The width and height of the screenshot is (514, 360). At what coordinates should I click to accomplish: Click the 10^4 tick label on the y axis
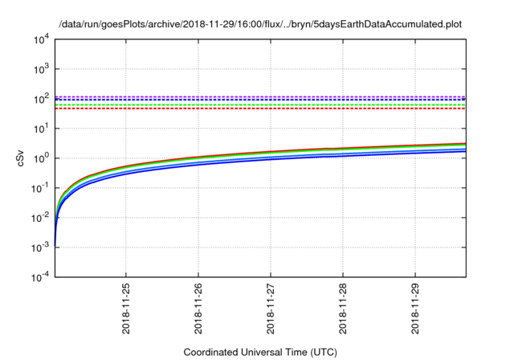(41, 39)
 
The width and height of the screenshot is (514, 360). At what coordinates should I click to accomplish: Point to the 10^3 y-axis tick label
(41, 69)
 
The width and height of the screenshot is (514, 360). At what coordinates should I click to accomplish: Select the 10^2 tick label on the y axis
(41, 99)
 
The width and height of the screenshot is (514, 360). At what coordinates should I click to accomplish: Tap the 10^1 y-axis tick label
(41, 129)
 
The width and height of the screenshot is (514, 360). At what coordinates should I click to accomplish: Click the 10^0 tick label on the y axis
(41, 158)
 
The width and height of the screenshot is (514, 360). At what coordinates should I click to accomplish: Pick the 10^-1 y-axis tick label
(39, 187)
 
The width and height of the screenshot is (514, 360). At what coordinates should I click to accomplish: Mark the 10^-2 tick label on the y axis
(39, 217)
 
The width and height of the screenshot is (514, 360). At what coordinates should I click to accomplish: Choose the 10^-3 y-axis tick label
(39, 247)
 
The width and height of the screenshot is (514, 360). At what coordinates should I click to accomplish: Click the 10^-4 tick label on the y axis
(39, 276)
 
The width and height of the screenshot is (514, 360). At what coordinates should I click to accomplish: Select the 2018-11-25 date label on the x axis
(126, 309)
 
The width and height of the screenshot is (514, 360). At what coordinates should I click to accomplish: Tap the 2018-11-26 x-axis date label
(198, 309)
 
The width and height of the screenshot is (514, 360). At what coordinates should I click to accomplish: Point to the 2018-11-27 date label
(271, 309)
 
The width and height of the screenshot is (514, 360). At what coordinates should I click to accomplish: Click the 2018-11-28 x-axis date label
(343, 309)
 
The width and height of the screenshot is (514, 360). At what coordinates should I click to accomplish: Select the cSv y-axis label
(22, 158)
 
